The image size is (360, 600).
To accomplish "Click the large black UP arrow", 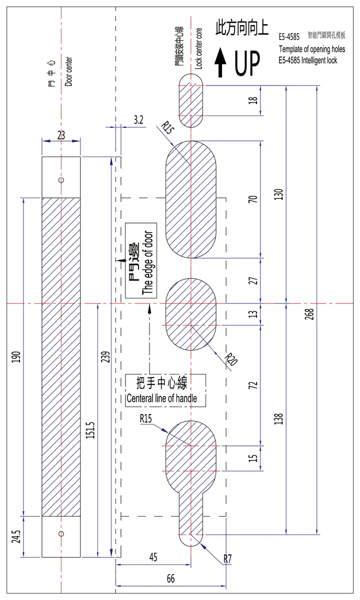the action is tap(220, 62).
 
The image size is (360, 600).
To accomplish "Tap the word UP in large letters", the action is tap(247, 63).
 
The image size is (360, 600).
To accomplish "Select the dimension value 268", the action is tap(309, 314).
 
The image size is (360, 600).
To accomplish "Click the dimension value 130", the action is tap(278, 194).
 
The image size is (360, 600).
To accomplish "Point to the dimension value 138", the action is tap(278, 418).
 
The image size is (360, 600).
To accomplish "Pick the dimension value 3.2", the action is tap(138, 119).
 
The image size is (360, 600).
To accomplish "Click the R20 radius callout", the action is tap(231, 359).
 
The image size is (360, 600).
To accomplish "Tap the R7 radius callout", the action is tap(227, 559).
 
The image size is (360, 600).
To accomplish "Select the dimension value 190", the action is tap(16, 357).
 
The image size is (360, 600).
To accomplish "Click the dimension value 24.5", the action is tap(16, 536).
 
